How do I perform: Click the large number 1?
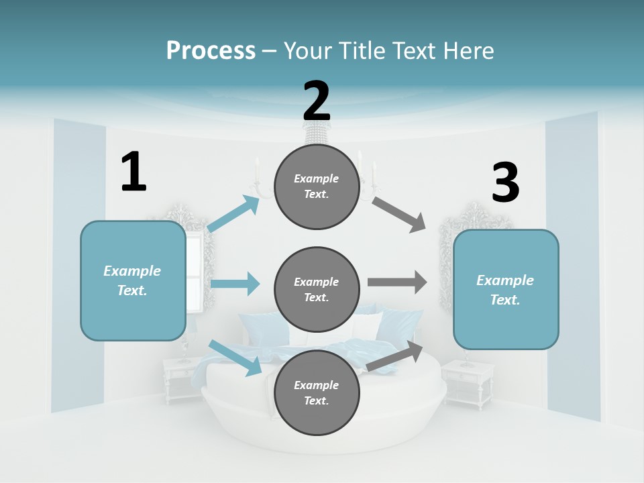tap(133, 172)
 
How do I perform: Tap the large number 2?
tap(317, 101)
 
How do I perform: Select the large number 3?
tap(505, 183)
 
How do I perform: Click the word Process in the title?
tap(211, 50)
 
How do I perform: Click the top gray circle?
tap(317, 186)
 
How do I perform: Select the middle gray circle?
tap(317, 289)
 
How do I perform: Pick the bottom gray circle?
tap(317, 392)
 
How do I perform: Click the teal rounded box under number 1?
tap(133, 280)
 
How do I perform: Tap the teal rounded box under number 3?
tap(506, 289)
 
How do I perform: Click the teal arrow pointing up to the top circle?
tap(233, 214)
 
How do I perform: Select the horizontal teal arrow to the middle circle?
tap(235, 284)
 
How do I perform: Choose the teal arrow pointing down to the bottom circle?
tap(235, 358)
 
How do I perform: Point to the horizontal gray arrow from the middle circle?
tap(397, 282)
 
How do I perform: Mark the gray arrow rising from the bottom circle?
tap(395, 356)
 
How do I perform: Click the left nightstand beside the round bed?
tap(179, 379)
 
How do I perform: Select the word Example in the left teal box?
tap(132, 271)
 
